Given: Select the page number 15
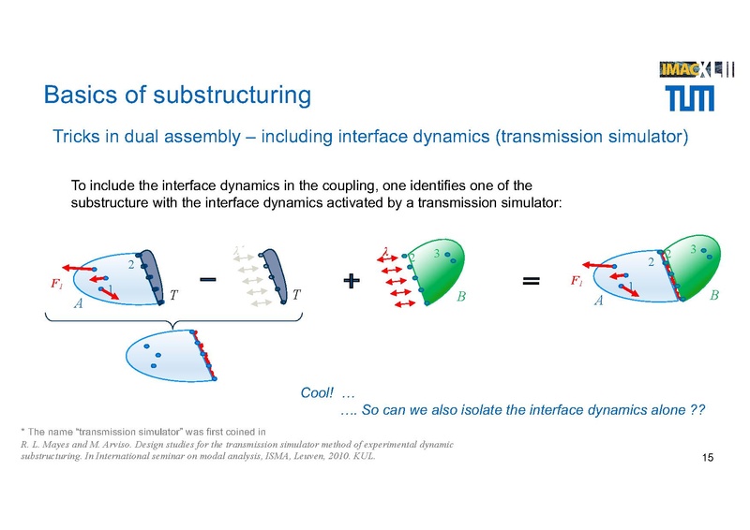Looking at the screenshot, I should click(708, 456).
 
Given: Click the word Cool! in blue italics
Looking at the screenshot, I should click(316, 393).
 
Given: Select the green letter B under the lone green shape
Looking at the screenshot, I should click(461, 298).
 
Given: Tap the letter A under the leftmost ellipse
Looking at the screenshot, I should click(79, 303).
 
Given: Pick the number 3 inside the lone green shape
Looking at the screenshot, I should click(436, 254).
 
